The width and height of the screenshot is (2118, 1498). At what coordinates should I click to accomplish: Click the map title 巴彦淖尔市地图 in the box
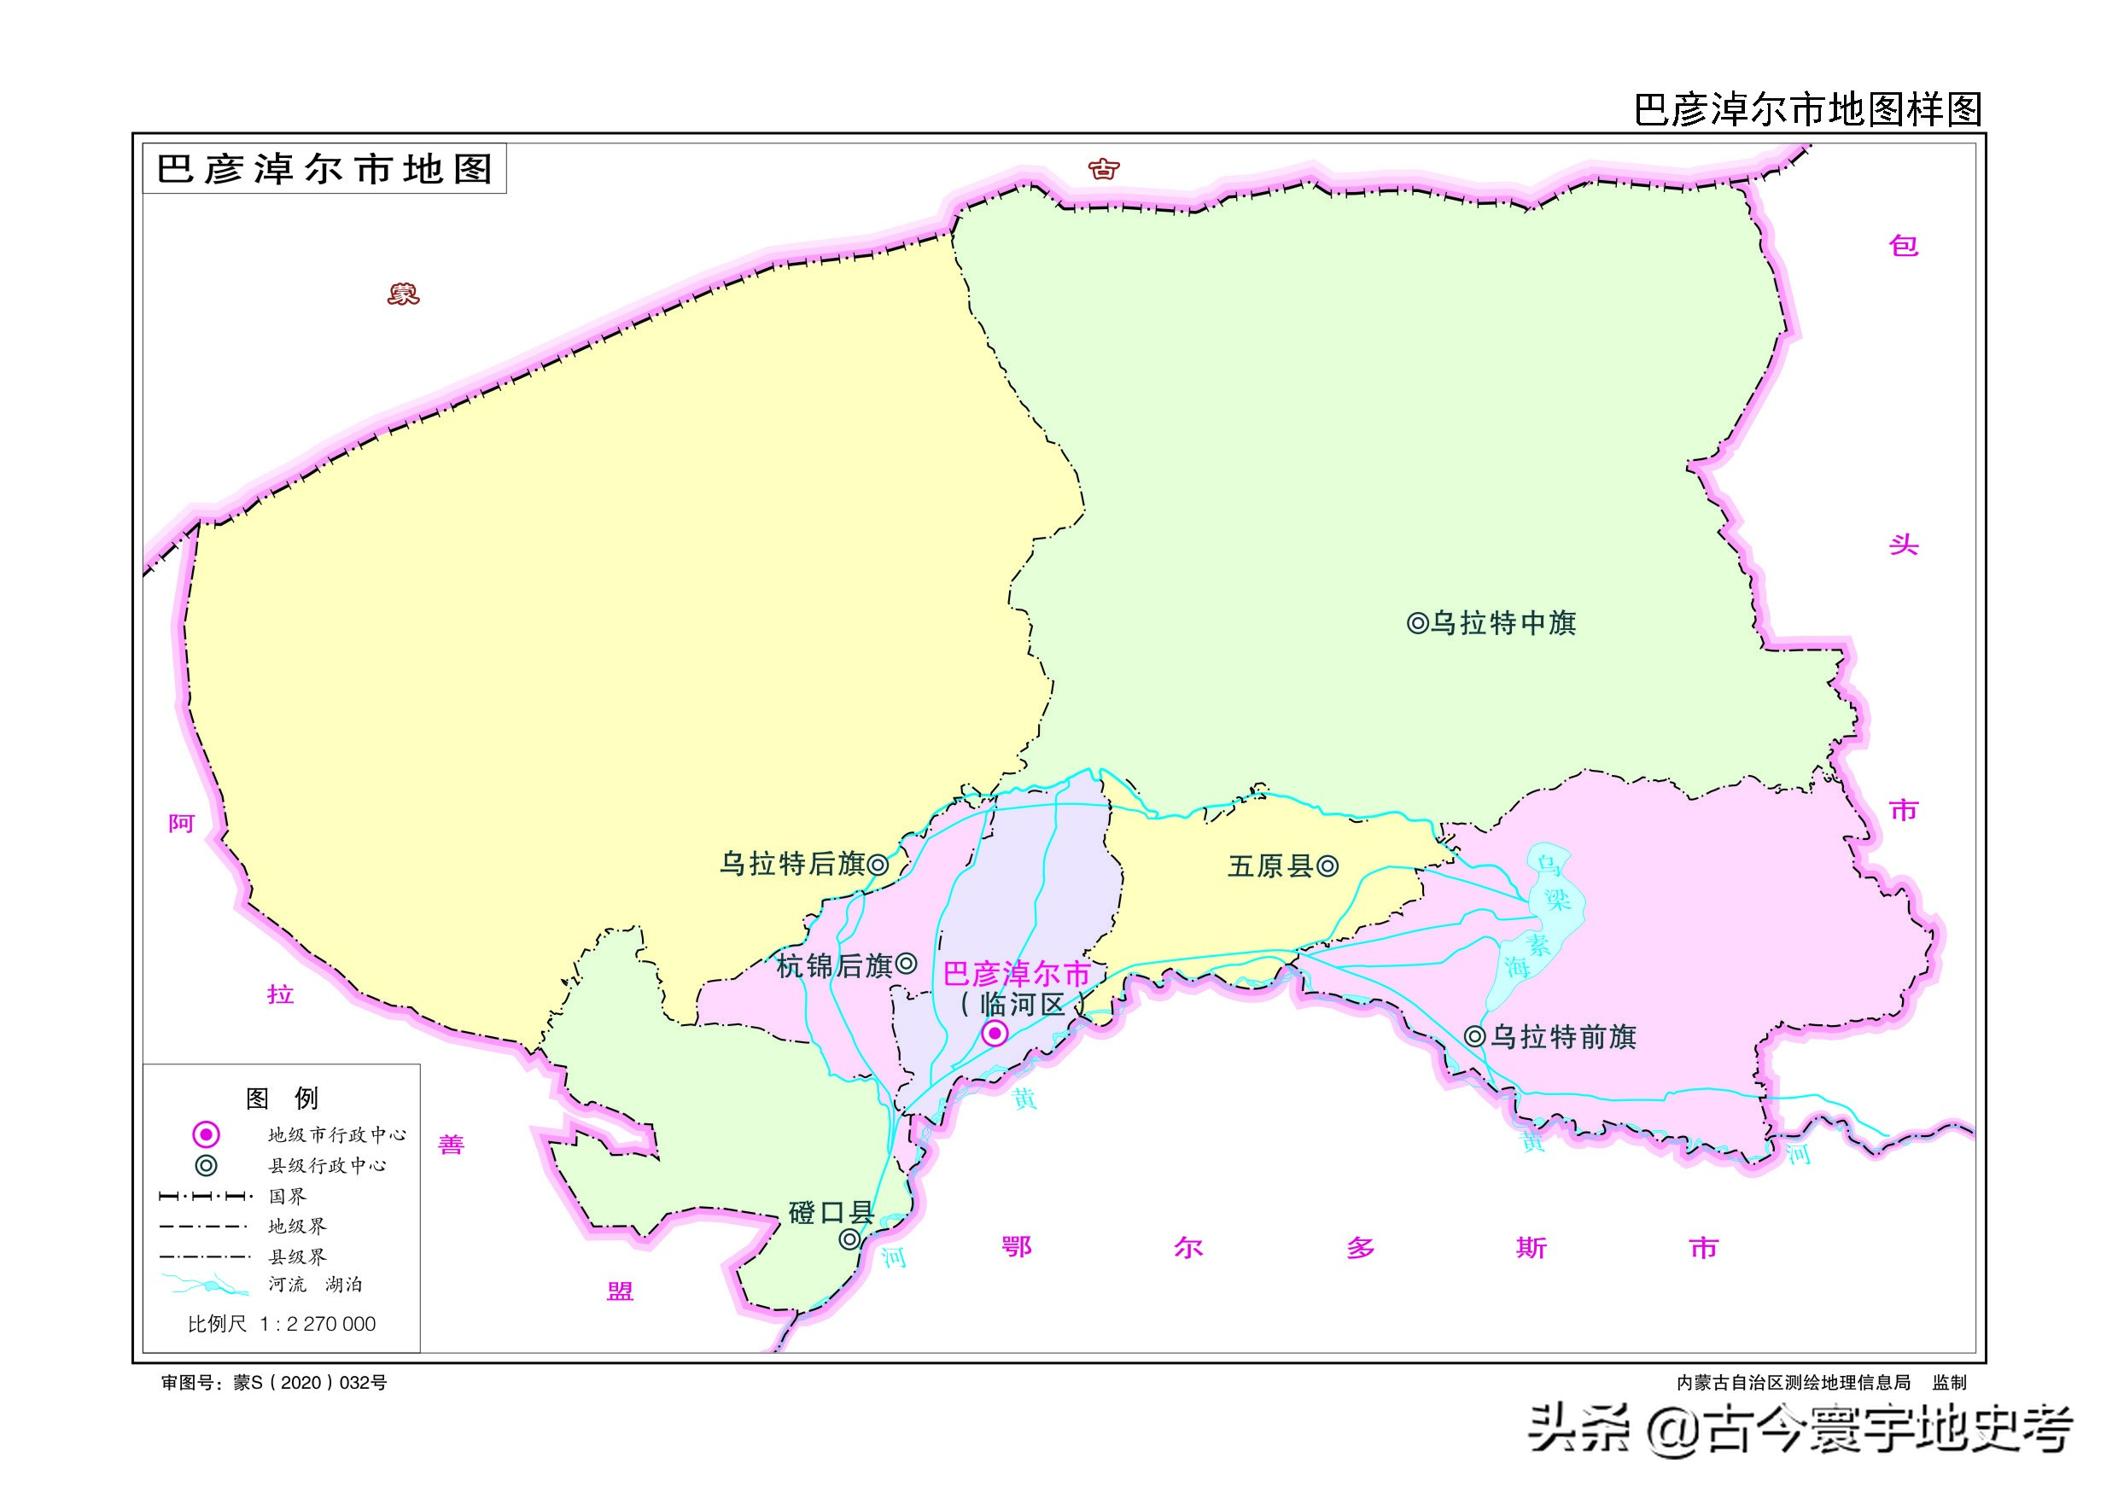click(x=324, y=169)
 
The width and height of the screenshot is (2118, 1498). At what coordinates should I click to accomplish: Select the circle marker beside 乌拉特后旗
click(x=878, y=865)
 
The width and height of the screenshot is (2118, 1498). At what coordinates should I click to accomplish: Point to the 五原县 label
click(x=1269, y=866)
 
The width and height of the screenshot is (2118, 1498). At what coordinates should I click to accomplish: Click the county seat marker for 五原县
click(x=1327, y=866)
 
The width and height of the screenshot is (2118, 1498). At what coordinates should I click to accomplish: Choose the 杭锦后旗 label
click(x=834, y=965)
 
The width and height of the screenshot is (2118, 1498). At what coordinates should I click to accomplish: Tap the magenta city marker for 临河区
click(x=994, y=1033)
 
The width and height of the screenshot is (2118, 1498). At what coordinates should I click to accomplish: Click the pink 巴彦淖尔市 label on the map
click(x=1017, y=974)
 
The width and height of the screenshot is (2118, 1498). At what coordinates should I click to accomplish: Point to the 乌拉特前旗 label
click(x=1564, y=1037)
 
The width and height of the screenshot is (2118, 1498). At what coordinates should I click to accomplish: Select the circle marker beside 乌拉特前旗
click(x=1475, y=1037)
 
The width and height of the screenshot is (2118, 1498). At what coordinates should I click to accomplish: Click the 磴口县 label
click(x=831, y=1212)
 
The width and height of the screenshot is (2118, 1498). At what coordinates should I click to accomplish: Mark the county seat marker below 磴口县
click(x=849, y=1239)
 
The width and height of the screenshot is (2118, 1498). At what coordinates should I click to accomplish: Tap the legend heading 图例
click(x=282, y=1098)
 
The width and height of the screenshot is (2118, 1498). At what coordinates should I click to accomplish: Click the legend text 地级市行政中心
click(x=336, y=1134)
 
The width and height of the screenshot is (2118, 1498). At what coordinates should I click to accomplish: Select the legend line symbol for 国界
click(x=206, y=1197)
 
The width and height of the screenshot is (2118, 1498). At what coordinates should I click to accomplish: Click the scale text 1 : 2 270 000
click(x=318, y=1324)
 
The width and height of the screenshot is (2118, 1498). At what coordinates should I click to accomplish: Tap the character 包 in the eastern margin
click(x=1903, y=245)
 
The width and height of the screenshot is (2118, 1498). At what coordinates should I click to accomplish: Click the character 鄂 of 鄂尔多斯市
click(x=1016, y=1247)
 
